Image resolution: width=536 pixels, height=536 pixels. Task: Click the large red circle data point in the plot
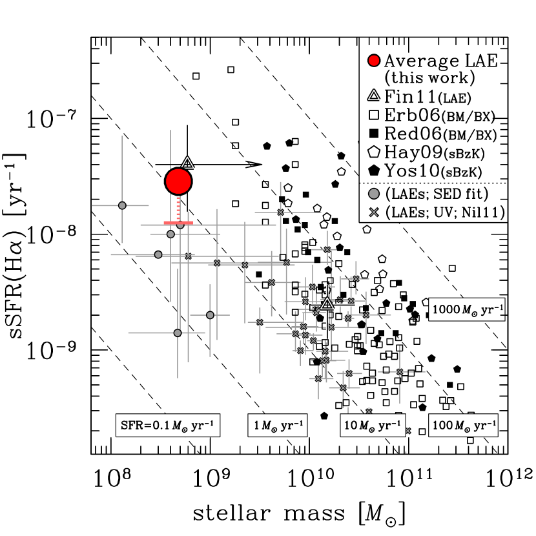[x=178, y=181]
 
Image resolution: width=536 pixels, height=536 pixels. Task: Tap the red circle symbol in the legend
[x=373, y=61]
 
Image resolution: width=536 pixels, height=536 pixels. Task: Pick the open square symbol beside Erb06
[x=373, y=116]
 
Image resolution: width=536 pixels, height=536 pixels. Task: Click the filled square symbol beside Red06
[x=373, y=134]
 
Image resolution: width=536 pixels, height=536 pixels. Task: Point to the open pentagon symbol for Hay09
[x=373, y=152]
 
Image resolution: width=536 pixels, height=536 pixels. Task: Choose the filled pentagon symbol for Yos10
[x=373, y=170]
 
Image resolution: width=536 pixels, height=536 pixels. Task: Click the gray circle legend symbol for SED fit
[x=373, y=194]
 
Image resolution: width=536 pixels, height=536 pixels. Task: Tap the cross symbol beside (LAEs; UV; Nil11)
[x=373, y=212]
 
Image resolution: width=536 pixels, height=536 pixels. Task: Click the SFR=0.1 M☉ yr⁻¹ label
[x=168, y=426]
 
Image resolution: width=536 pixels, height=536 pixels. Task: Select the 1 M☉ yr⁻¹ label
[x=278, y=426]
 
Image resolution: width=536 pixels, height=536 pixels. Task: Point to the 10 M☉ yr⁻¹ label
[x=373, y=426]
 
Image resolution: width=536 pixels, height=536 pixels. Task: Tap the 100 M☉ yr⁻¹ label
[x=463, y=426]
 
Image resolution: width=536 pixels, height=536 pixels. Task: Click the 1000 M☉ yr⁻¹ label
[x=466, y=309]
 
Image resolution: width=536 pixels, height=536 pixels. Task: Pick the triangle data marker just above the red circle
[x=187, y=163]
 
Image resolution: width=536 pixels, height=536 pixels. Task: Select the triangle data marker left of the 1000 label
[x=327, y=304]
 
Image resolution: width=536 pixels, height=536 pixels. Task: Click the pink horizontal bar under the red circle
[x=178, y=223]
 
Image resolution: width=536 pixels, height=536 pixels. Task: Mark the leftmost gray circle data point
[x=122, y=205]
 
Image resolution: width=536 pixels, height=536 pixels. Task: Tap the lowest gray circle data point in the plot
[x=178, y=333]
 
